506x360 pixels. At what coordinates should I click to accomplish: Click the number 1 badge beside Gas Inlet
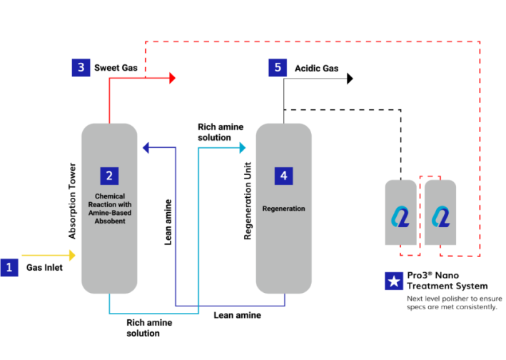coord(9,268)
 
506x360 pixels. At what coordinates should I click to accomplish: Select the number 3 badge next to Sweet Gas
coord(81,68)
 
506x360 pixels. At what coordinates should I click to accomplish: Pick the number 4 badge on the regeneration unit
coord(283,175)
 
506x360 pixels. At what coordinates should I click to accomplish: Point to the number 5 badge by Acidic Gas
coord(278,68)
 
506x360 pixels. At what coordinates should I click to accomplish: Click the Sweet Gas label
coord(115,69)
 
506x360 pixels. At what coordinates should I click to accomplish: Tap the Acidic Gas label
coord(317,69)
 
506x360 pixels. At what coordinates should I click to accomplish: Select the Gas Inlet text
coord(45,269)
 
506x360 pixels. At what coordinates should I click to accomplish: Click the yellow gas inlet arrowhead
coord(71,255)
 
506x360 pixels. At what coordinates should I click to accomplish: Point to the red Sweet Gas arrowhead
coord(172,78)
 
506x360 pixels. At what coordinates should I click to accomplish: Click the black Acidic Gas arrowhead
coord(350,78)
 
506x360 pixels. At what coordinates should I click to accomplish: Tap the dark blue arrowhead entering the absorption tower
coord(145,148)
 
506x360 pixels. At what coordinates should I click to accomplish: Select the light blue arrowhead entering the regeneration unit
coord(242,148)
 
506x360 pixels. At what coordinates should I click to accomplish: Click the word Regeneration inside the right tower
coord(283,209)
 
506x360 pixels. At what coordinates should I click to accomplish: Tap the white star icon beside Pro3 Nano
coord(392,280)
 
